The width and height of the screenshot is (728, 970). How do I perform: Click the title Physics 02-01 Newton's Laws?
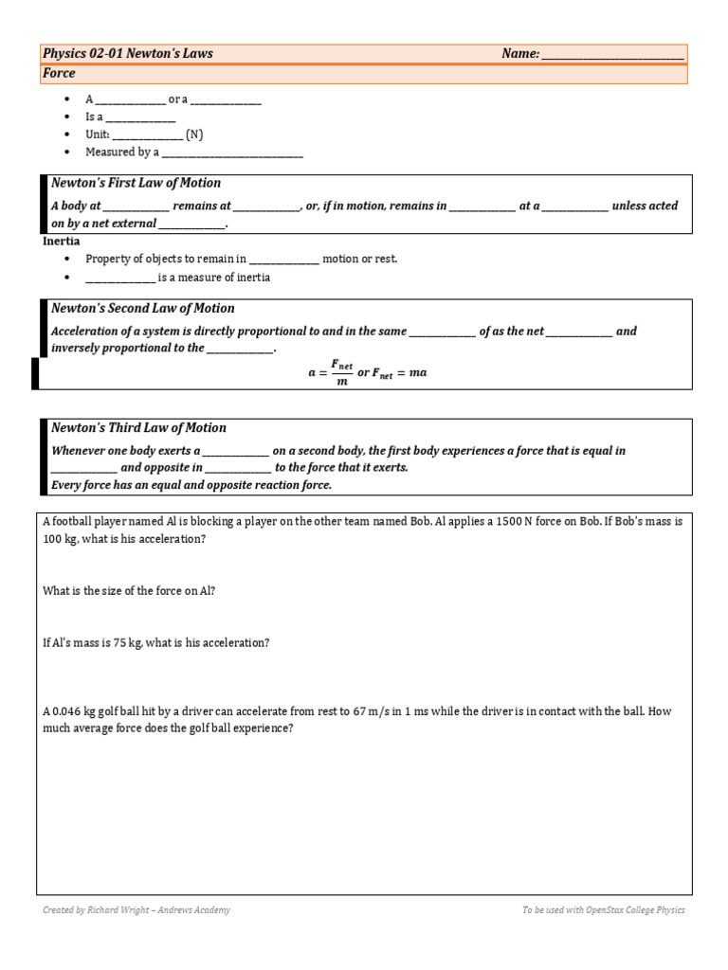coord(128,54)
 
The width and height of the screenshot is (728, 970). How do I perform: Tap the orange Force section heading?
coord(59,73)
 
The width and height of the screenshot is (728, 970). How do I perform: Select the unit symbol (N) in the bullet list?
coord(193,135)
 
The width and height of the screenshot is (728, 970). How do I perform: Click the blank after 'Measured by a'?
coord(232,152)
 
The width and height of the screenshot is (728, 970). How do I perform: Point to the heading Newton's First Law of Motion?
coord(136,183)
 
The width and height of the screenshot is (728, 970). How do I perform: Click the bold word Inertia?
coord(62,242)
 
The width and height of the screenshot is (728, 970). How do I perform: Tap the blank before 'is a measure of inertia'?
coord(119,278)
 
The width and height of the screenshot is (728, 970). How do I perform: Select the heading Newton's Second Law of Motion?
coord(142,308)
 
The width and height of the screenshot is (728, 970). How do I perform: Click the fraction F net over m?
coord(340,372)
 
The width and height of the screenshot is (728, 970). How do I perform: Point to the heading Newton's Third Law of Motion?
coord(138,427)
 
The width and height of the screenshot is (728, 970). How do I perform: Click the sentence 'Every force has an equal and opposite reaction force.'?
coord(191,485)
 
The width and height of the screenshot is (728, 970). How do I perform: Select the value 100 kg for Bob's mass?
coord(59,539)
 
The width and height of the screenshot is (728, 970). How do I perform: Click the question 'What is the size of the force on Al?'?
coord(129,591)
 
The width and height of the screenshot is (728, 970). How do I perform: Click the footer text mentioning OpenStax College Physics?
coord(603,910)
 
